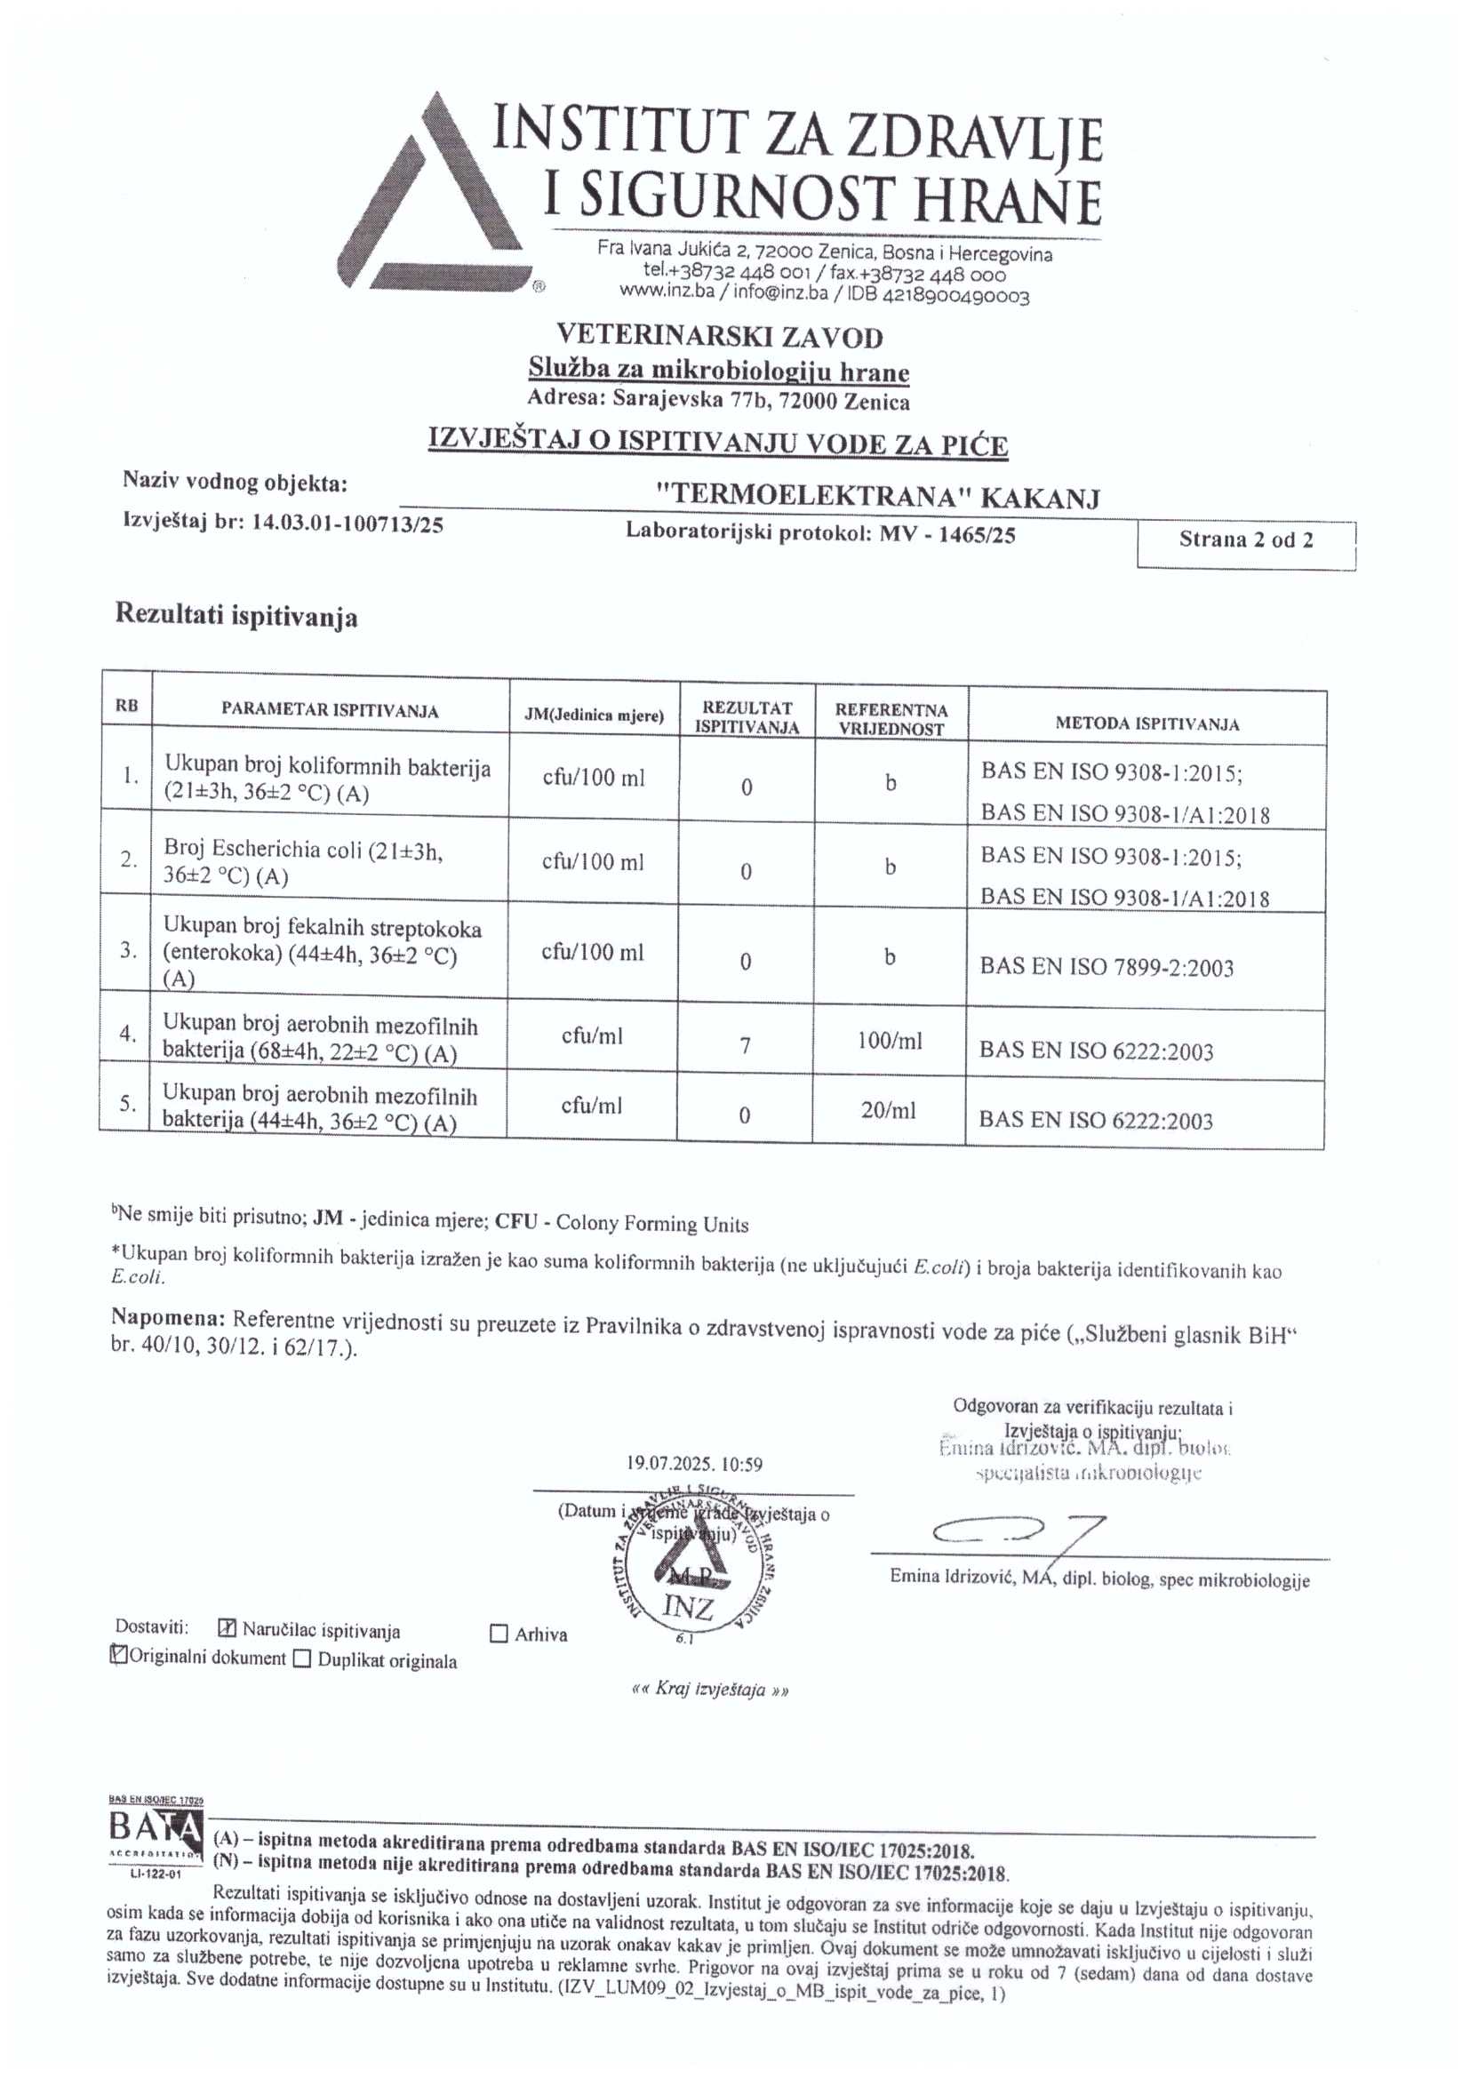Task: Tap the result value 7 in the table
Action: click(x=745, y=1045)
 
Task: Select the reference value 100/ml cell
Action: click(x=889, y=1041)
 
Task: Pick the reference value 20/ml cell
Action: click(x=888, y=1109)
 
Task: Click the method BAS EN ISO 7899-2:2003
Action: click(x=1106, y=968)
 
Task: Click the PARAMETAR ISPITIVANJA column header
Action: click(x=330, y=710)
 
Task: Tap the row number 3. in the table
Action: click(x=129, y=949)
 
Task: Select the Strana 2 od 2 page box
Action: click(x=1245, y=540)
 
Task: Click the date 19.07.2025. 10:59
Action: click(x=694, y=1464)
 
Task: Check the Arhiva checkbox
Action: click(x=499, y=1634)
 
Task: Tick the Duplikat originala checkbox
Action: click(x=302, y=1659)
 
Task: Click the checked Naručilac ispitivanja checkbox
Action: click(x=228, y=1628)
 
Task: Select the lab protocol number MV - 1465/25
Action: click(x=947, y=534)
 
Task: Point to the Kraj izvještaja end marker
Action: click(x=709, y=1690)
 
